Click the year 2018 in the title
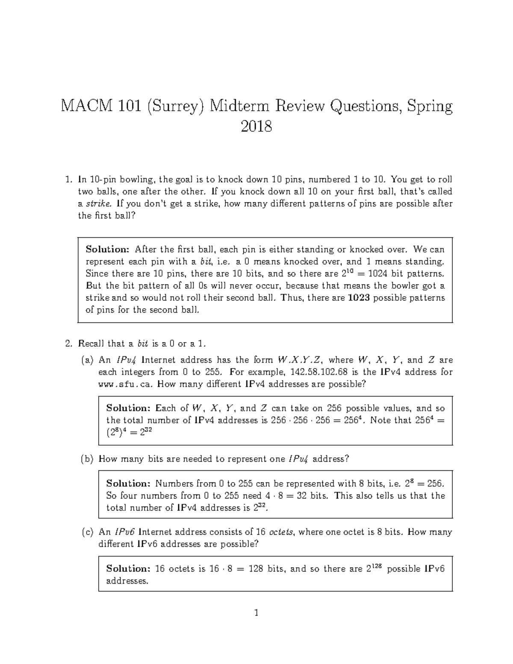pos(256,127)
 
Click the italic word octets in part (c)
pos(281,532)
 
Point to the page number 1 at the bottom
pos(256,613)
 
